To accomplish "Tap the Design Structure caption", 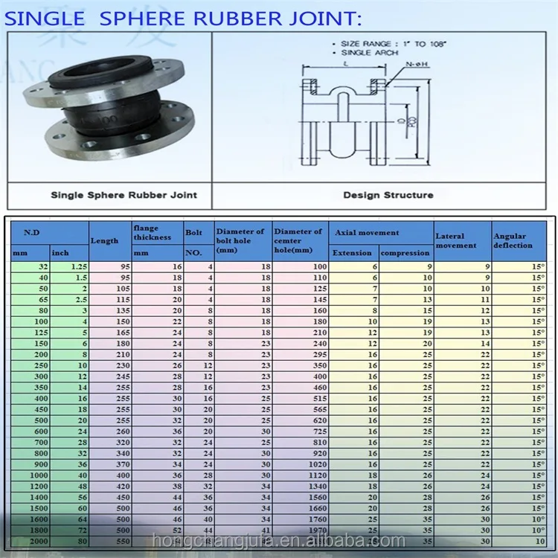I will click(388, 195).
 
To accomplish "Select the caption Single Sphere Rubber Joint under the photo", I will click(124, 195).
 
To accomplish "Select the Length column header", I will click(105, 240).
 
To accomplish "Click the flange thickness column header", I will click(152, 232).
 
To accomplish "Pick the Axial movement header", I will click(367, 233).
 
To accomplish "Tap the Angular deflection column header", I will click(513, 240).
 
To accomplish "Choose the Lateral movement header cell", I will click(455, 240).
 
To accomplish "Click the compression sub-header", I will click(405, 253).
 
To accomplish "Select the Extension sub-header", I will click(352, 253).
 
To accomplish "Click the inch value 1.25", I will click(78, 266).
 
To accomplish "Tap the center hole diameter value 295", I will click(319, 355).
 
